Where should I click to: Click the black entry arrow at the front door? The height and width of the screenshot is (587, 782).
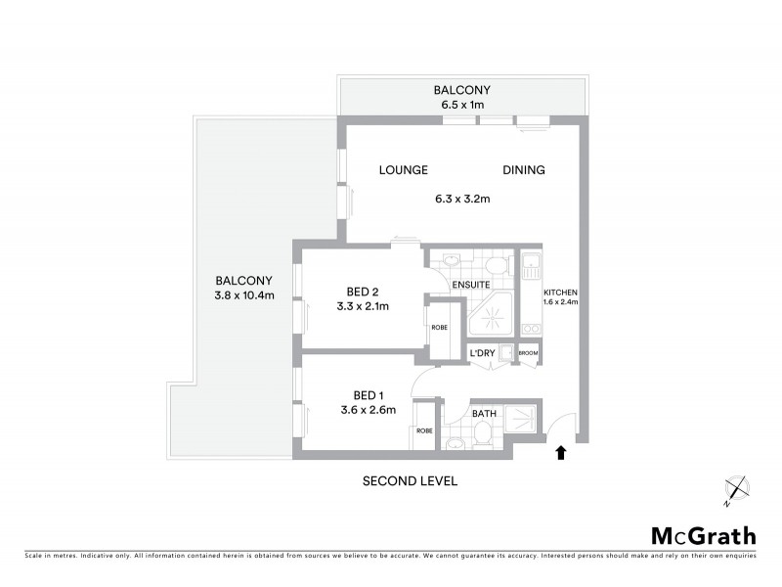(x=561, y=452)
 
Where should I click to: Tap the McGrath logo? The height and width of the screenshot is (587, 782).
(x=703, y=535)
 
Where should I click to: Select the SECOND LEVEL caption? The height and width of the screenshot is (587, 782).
(x=410, y=481)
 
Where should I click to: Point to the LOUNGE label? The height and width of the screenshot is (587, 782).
(x=404, y=170)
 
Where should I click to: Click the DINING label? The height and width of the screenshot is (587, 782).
(x=524, y=170)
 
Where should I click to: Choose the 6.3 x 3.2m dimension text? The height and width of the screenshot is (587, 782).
(x=462, y=200)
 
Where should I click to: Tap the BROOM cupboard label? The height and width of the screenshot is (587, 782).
(x=529, y=353)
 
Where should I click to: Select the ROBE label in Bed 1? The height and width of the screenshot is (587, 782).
(x=424, y=430)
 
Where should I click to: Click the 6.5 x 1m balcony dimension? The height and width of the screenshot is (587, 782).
(x=462, y=105)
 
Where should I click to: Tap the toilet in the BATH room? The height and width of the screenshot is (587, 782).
(x=455, y=444)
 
